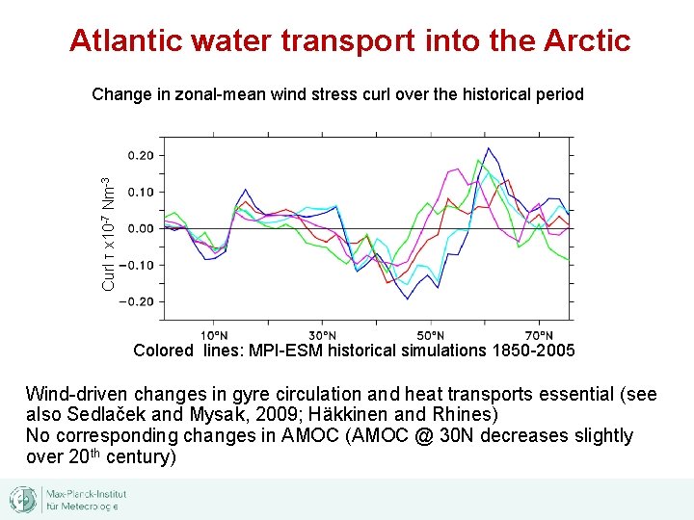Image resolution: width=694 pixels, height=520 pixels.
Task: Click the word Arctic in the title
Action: (587, 40)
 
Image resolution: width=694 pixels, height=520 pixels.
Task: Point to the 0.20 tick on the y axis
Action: (140, 155)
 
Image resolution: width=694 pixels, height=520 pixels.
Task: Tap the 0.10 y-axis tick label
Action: (140, 192)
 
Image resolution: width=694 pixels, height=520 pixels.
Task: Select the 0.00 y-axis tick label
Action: (140, 228)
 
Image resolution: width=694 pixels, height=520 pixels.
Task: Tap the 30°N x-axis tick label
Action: (323, 334)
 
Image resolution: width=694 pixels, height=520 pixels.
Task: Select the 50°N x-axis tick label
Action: (431, 334)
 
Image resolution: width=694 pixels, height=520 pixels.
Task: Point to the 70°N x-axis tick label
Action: (539, 334)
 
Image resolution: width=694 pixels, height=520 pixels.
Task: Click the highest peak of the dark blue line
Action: (489, 148)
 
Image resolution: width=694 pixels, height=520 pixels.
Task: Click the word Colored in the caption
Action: (163, 351)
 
